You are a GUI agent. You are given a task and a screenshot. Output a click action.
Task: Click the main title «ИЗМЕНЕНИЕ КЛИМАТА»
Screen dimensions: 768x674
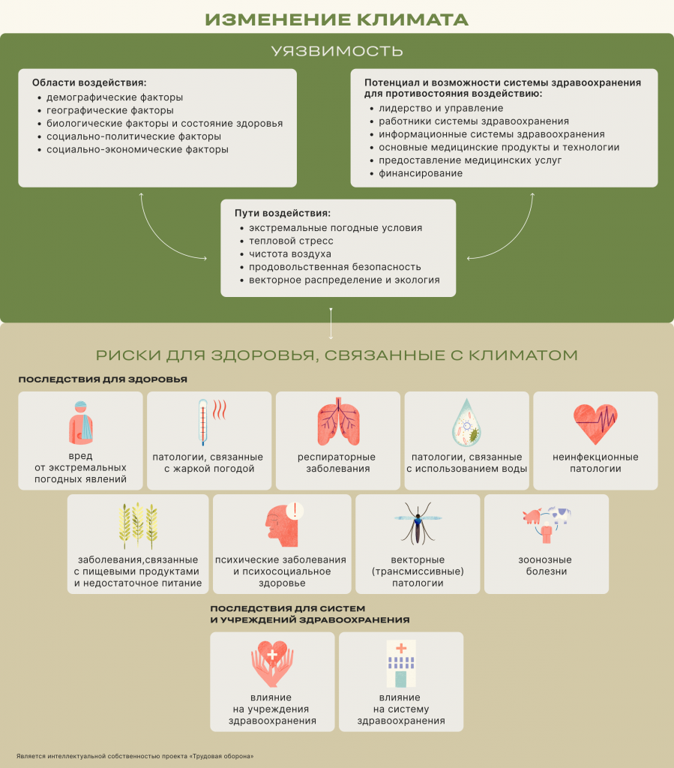pyautogui.click(x=337, y=18)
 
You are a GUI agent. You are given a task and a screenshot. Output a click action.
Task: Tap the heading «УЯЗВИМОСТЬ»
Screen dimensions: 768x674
pyautogui.click(x=337, y=51)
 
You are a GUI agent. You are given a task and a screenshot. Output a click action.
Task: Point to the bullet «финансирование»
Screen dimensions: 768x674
pyautogui.click(x=421, y=173)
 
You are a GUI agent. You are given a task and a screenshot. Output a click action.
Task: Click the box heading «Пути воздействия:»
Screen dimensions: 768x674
pyautogui.click(x=282, y=213)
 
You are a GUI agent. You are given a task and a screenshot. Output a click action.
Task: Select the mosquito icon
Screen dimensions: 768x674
pyautogui.click(x=418, y=523)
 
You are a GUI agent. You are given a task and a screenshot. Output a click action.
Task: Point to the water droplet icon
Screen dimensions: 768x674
pyautogui.click(x=466, y=422)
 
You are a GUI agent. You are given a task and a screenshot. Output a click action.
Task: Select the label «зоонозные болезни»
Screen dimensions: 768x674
pyautogui.click(x=545, y=565)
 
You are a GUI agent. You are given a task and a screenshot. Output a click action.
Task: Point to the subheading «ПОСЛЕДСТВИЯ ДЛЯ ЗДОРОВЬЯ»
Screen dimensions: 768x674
pyautogui.click(x=103, y=379)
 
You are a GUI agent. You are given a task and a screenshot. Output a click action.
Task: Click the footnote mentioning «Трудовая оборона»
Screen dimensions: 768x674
pyautogui.click(x=135, y=756)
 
